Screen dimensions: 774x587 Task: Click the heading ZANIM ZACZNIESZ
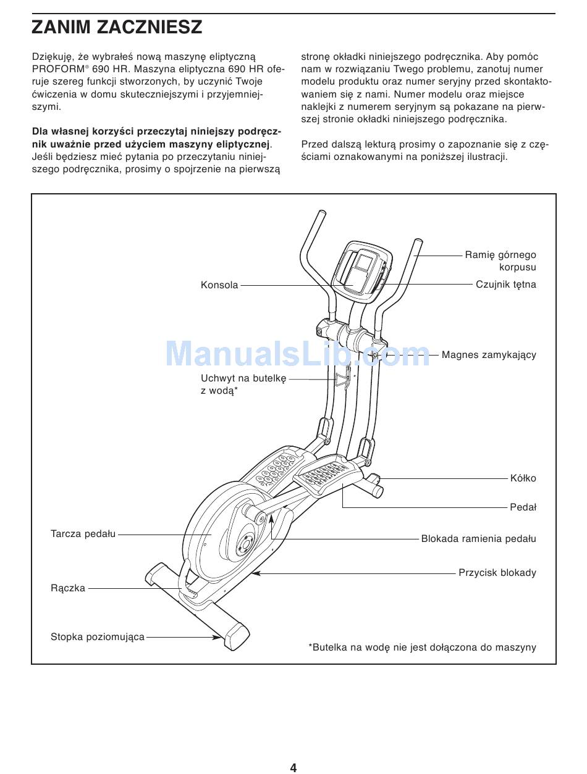click(x=117, y=27)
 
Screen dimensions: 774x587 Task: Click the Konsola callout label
click(x=219, y=285)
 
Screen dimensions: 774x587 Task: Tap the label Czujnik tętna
click(x=505, y=285)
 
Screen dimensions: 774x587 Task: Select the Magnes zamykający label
click(x=489, y=355)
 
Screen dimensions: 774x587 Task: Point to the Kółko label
click(x=523, y=478)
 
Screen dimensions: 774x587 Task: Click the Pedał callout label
click(x=523, y=507)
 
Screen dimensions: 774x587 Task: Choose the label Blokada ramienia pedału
click(x=478, y=539)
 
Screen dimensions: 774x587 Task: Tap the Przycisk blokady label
click(x=497, y=573)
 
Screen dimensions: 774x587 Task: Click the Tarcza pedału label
click(x=83, y=534)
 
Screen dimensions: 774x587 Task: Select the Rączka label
click(x=68, y=589)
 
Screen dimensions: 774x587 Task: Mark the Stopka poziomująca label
click(x=98, y=637)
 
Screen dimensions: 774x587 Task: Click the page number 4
click(x=293, y=767)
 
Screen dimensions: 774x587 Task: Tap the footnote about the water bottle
click(x=422, y=647)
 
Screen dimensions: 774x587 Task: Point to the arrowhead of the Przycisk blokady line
click(x=254, y=573)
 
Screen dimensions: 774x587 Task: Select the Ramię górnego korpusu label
click(x=500, y=261)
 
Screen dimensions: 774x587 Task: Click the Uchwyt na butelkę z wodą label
click(x=243, y=385)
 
